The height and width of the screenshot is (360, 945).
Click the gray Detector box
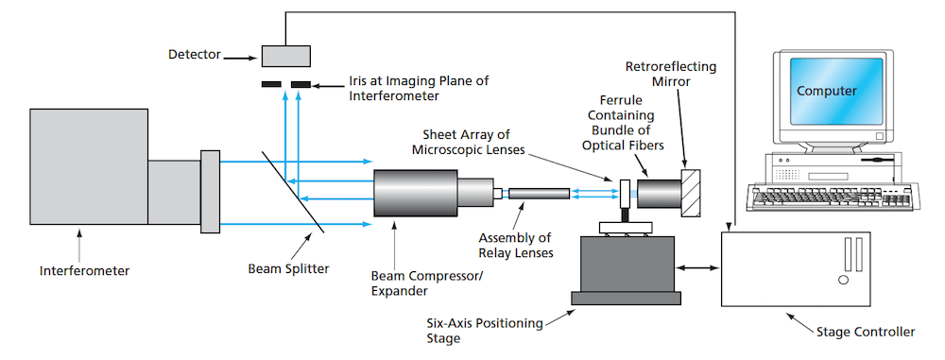(286, 56)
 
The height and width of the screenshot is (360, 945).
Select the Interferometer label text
(84, 271)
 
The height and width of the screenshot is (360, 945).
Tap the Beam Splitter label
(288, 268)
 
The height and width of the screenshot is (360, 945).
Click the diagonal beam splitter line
(294, 191)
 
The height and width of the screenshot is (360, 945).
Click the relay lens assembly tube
(539, 193)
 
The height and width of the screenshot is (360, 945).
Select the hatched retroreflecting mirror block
(693, 193)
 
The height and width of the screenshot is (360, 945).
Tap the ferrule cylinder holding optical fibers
(660, 193)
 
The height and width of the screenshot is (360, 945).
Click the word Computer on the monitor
(826, 91)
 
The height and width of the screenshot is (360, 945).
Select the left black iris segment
(272, 84)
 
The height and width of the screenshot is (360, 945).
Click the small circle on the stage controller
(843, 281)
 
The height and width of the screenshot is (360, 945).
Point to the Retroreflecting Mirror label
(671, 73)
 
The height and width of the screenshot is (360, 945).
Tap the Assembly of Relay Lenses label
(515, 246)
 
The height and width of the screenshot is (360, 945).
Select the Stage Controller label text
(865, 332)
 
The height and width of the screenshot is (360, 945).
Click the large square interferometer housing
(89, 166)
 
